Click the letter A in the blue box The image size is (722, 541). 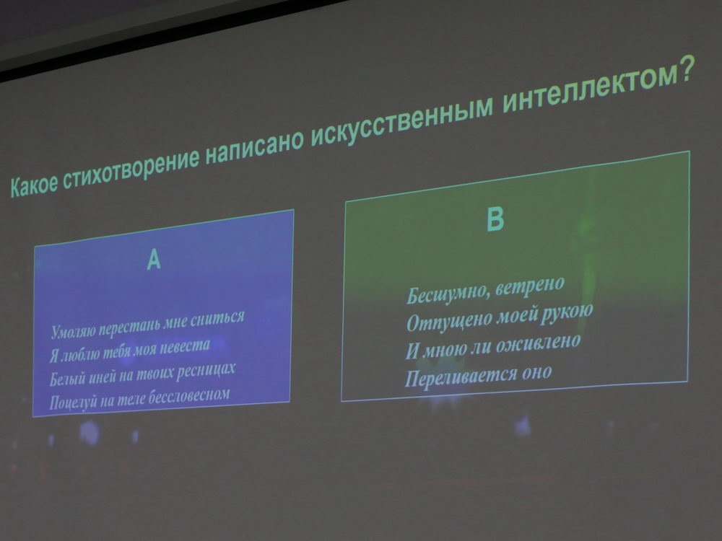point(154,260)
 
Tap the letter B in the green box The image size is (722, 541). point(495,219)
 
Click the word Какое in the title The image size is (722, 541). point(35,185)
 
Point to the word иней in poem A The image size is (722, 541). point(101,375)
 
